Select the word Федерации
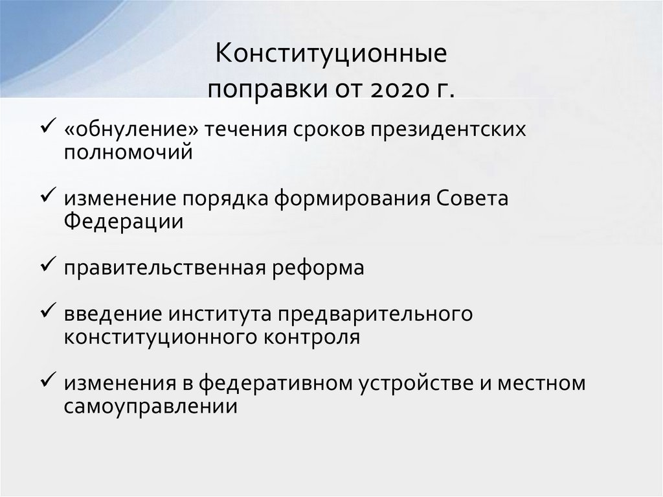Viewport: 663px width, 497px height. (x=123, y=221)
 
